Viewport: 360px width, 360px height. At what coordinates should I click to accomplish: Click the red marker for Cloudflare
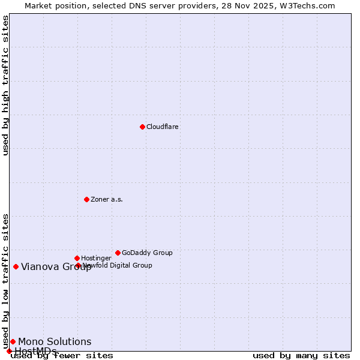[x=142, y=127]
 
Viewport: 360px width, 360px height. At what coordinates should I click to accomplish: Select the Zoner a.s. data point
[x=86, y=199]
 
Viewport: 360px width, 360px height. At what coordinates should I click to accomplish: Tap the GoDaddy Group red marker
[x=118, y=253]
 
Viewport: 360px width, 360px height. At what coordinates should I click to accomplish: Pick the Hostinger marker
[x=77, y=258]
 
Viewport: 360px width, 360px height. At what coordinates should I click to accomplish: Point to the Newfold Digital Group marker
[x=78, y=265]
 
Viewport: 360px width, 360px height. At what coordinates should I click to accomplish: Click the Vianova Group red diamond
[x=16, y=266]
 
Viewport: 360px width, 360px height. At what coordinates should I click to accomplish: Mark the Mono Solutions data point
[x=13, y=341]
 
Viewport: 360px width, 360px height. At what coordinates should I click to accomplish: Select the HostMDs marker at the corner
[x=9, y=351]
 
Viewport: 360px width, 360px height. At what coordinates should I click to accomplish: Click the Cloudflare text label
[x=163, y=127]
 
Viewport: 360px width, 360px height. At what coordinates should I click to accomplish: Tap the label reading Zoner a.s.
[x=107, y=199]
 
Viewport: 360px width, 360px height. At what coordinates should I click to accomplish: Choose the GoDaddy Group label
[x=147, y=253]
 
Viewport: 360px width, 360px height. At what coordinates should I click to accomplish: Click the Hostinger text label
[x=97, y=258]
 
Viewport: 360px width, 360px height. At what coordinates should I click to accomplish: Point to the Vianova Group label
[x=56, y=267]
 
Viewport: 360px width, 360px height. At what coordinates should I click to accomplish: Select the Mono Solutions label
[x=55, y=342]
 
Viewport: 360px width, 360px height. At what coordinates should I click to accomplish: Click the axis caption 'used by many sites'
[x=301, y=356]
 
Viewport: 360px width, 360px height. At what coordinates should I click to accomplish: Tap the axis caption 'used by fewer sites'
[x=62, y=356]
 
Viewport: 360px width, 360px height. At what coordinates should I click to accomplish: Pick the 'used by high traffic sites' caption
[x=5, y=85]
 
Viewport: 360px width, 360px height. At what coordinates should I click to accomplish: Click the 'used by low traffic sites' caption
[x=5, y=281]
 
